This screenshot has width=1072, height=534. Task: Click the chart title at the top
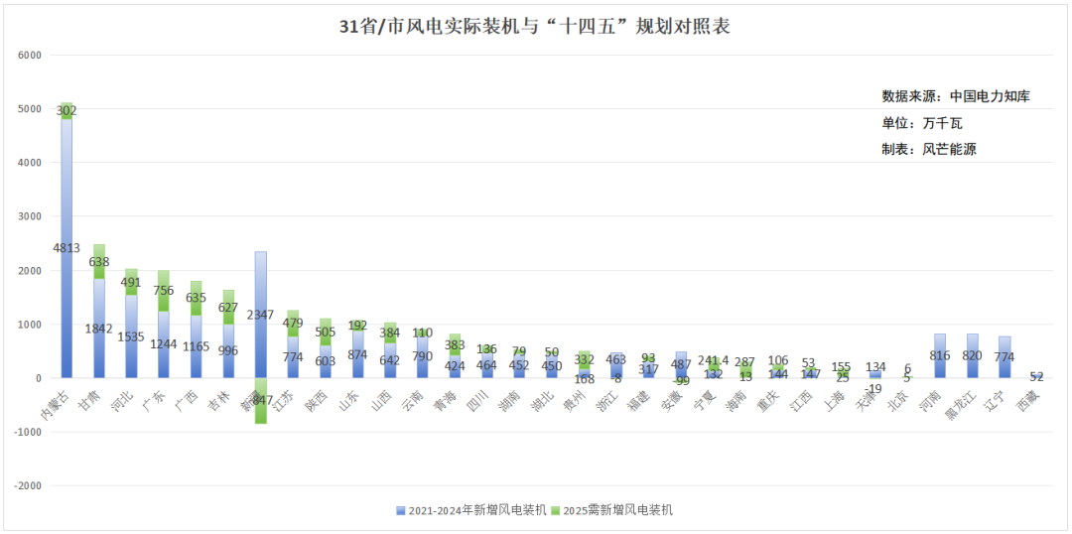point(535,27)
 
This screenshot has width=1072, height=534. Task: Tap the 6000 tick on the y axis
point(30,55)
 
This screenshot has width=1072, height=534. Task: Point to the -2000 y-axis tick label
point(28,485)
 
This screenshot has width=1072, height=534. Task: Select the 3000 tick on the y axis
point(30,216)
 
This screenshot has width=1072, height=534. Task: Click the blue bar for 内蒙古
point(67,298)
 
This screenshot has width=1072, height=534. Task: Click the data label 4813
point(67,248)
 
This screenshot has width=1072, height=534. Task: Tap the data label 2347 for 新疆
point(261,315)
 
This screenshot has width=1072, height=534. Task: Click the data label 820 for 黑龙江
point(973,355)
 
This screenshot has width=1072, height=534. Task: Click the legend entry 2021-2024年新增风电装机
point(470,510)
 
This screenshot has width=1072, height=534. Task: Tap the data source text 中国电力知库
point(990,96)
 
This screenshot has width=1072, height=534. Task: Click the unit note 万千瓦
point(942,123)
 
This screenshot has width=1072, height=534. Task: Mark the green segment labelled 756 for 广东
point(164,291)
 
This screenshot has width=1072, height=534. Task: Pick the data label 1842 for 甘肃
point(99,329)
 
